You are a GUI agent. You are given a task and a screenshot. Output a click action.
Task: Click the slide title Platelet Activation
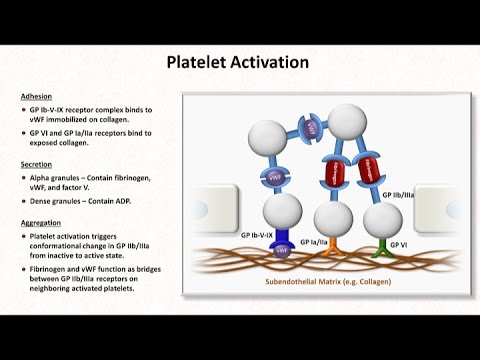coord(238,63)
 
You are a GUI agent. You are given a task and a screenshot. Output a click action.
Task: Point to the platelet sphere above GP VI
coord(380,213)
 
